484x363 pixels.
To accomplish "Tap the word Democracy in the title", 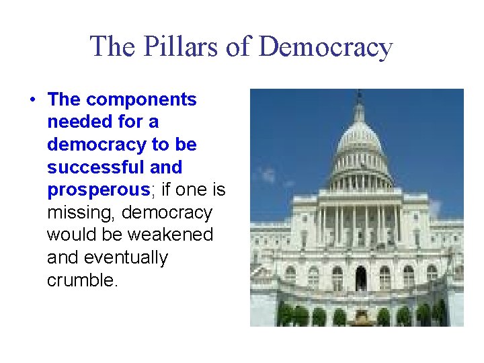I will pyautogui.click(x=325, y=47).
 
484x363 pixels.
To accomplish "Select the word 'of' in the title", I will pyautogui.click(x=236, y=47).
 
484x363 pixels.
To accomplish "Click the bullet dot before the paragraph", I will pyautogui.click(x=32, y=100).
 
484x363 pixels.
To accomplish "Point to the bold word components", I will pyautogui.click(x=141, y=100).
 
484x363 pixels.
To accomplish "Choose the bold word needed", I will pyautogui.click(x=75, y=122).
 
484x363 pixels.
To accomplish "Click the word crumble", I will pyautogui.click(x=82, y=280).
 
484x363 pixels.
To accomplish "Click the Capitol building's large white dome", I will pyautogui.click(x=359, y=138).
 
